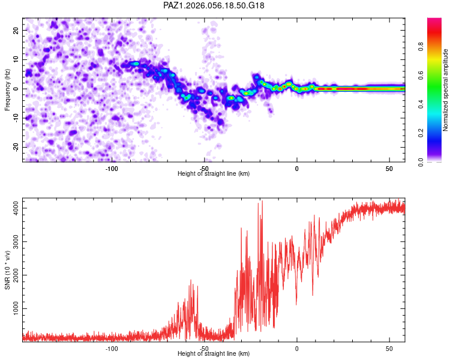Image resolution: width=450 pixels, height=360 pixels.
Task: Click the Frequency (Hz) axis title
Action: click(7, 89)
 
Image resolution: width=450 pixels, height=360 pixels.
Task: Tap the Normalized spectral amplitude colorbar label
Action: click(446, 90)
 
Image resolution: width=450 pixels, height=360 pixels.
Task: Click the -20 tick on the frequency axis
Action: click(16, 147)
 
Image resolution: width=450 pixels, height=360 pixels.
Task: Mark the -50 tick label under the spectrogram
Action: click(205, 169)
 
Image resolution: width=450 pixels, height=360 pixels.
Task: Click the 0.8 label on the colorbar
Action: click(421, 47)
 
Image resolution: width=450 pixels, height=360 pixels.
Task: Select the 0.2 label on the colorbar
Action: click(421, 133)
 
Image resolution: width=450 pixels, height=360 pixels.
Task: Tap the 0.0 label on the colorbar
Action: click(421, 162)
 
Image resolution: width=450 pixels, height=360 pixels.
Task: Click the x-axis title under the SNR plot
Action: click(214, 354)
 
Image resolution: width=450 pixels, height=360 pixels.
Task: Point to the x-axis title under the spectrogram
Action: click(214, 174)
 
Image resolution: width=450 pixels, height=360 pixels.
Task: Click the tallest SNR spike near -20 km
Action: click(262, 202)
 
